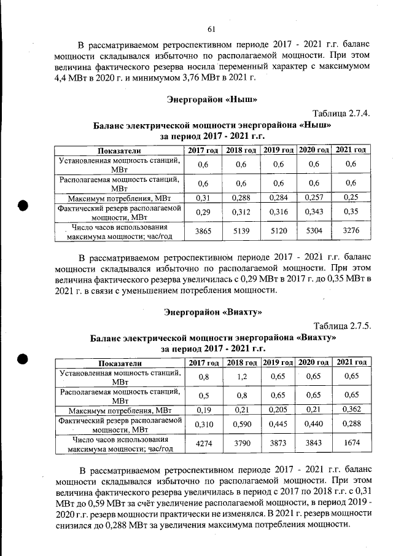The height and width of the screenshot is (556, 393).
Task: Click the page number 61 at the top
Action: coord(211,29)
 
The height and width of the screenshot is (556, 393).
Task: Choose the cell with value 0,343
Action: coord(314,211)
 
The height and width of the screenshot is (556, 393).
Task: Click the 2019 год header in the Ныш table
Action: coord(278,150)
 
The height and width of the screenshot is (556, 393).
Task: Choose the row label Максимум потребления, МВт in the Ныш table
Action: coord(119,197)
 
